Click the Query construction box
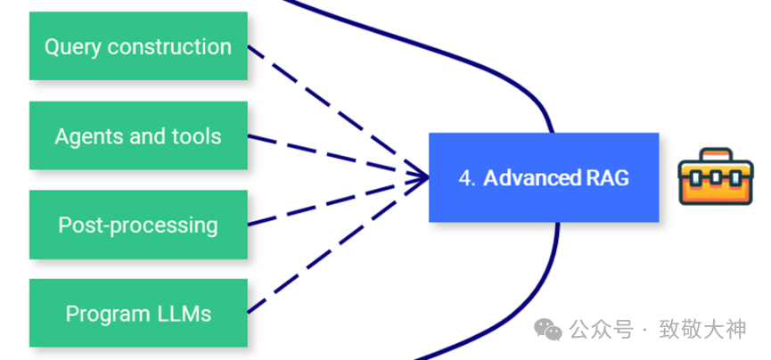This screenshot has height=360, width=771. (x=138, y=46)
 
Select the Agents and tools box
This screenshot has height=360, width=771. (x=138, y=135)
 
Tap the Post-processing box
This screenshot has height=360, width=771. (x=138, y=225)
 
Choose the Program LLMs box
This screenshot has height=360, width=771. (x=138, y=314)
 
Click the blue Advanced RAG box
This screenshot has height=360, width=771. (x=544, y=177)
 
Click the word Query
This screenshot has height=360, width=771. (x=71, y=47)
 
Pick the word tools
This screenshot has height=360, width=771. (x=197, y=136)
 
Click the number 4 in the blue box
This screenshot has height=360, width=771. (x=466, y=178)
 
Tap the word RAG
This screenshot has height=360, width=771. (x=606, y=178)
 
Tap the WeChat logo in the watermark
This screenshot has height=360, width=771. (x=547, y=330)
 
